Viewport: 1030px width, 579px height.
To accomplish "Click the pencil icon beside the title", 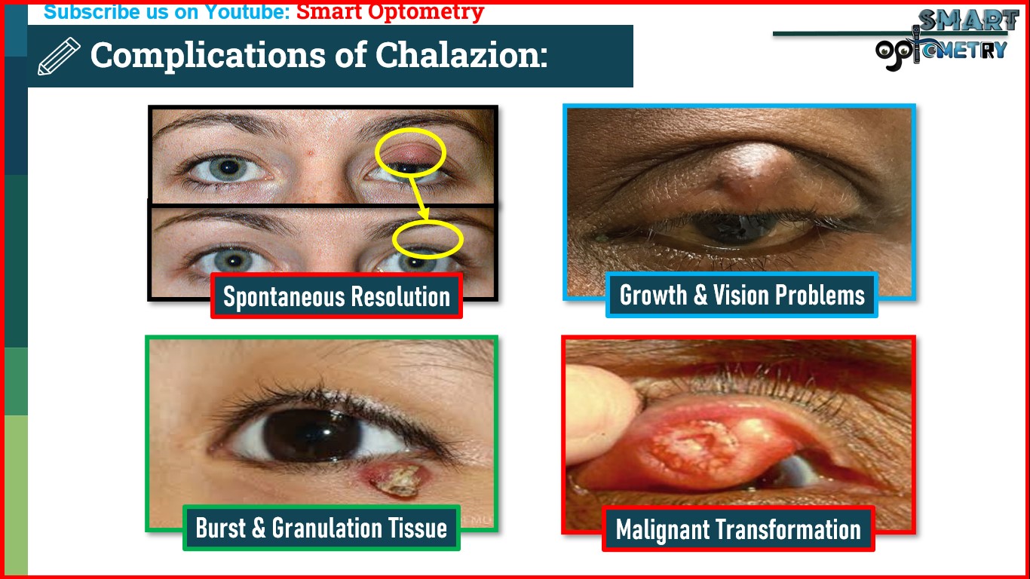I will point(59,57).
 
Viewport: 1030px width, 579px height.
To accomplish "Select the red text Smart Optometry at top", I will point(390,12).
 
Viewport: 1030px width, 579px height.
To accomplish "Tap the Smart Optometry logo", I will point(943,39).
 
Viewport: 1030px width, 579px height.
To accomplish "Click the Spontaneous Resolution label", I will point(336,296).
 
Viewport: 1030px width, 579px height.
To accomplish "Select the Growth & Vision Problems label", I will point(742,295).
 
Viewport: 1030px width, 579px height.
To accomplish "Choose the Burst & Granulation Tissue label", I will point(321,528).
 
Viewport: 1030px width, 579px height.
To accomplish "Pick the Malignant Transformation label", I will point(738,529).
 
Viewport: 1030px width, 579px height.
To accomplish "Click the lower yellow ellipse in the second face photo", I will point(427,239).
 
